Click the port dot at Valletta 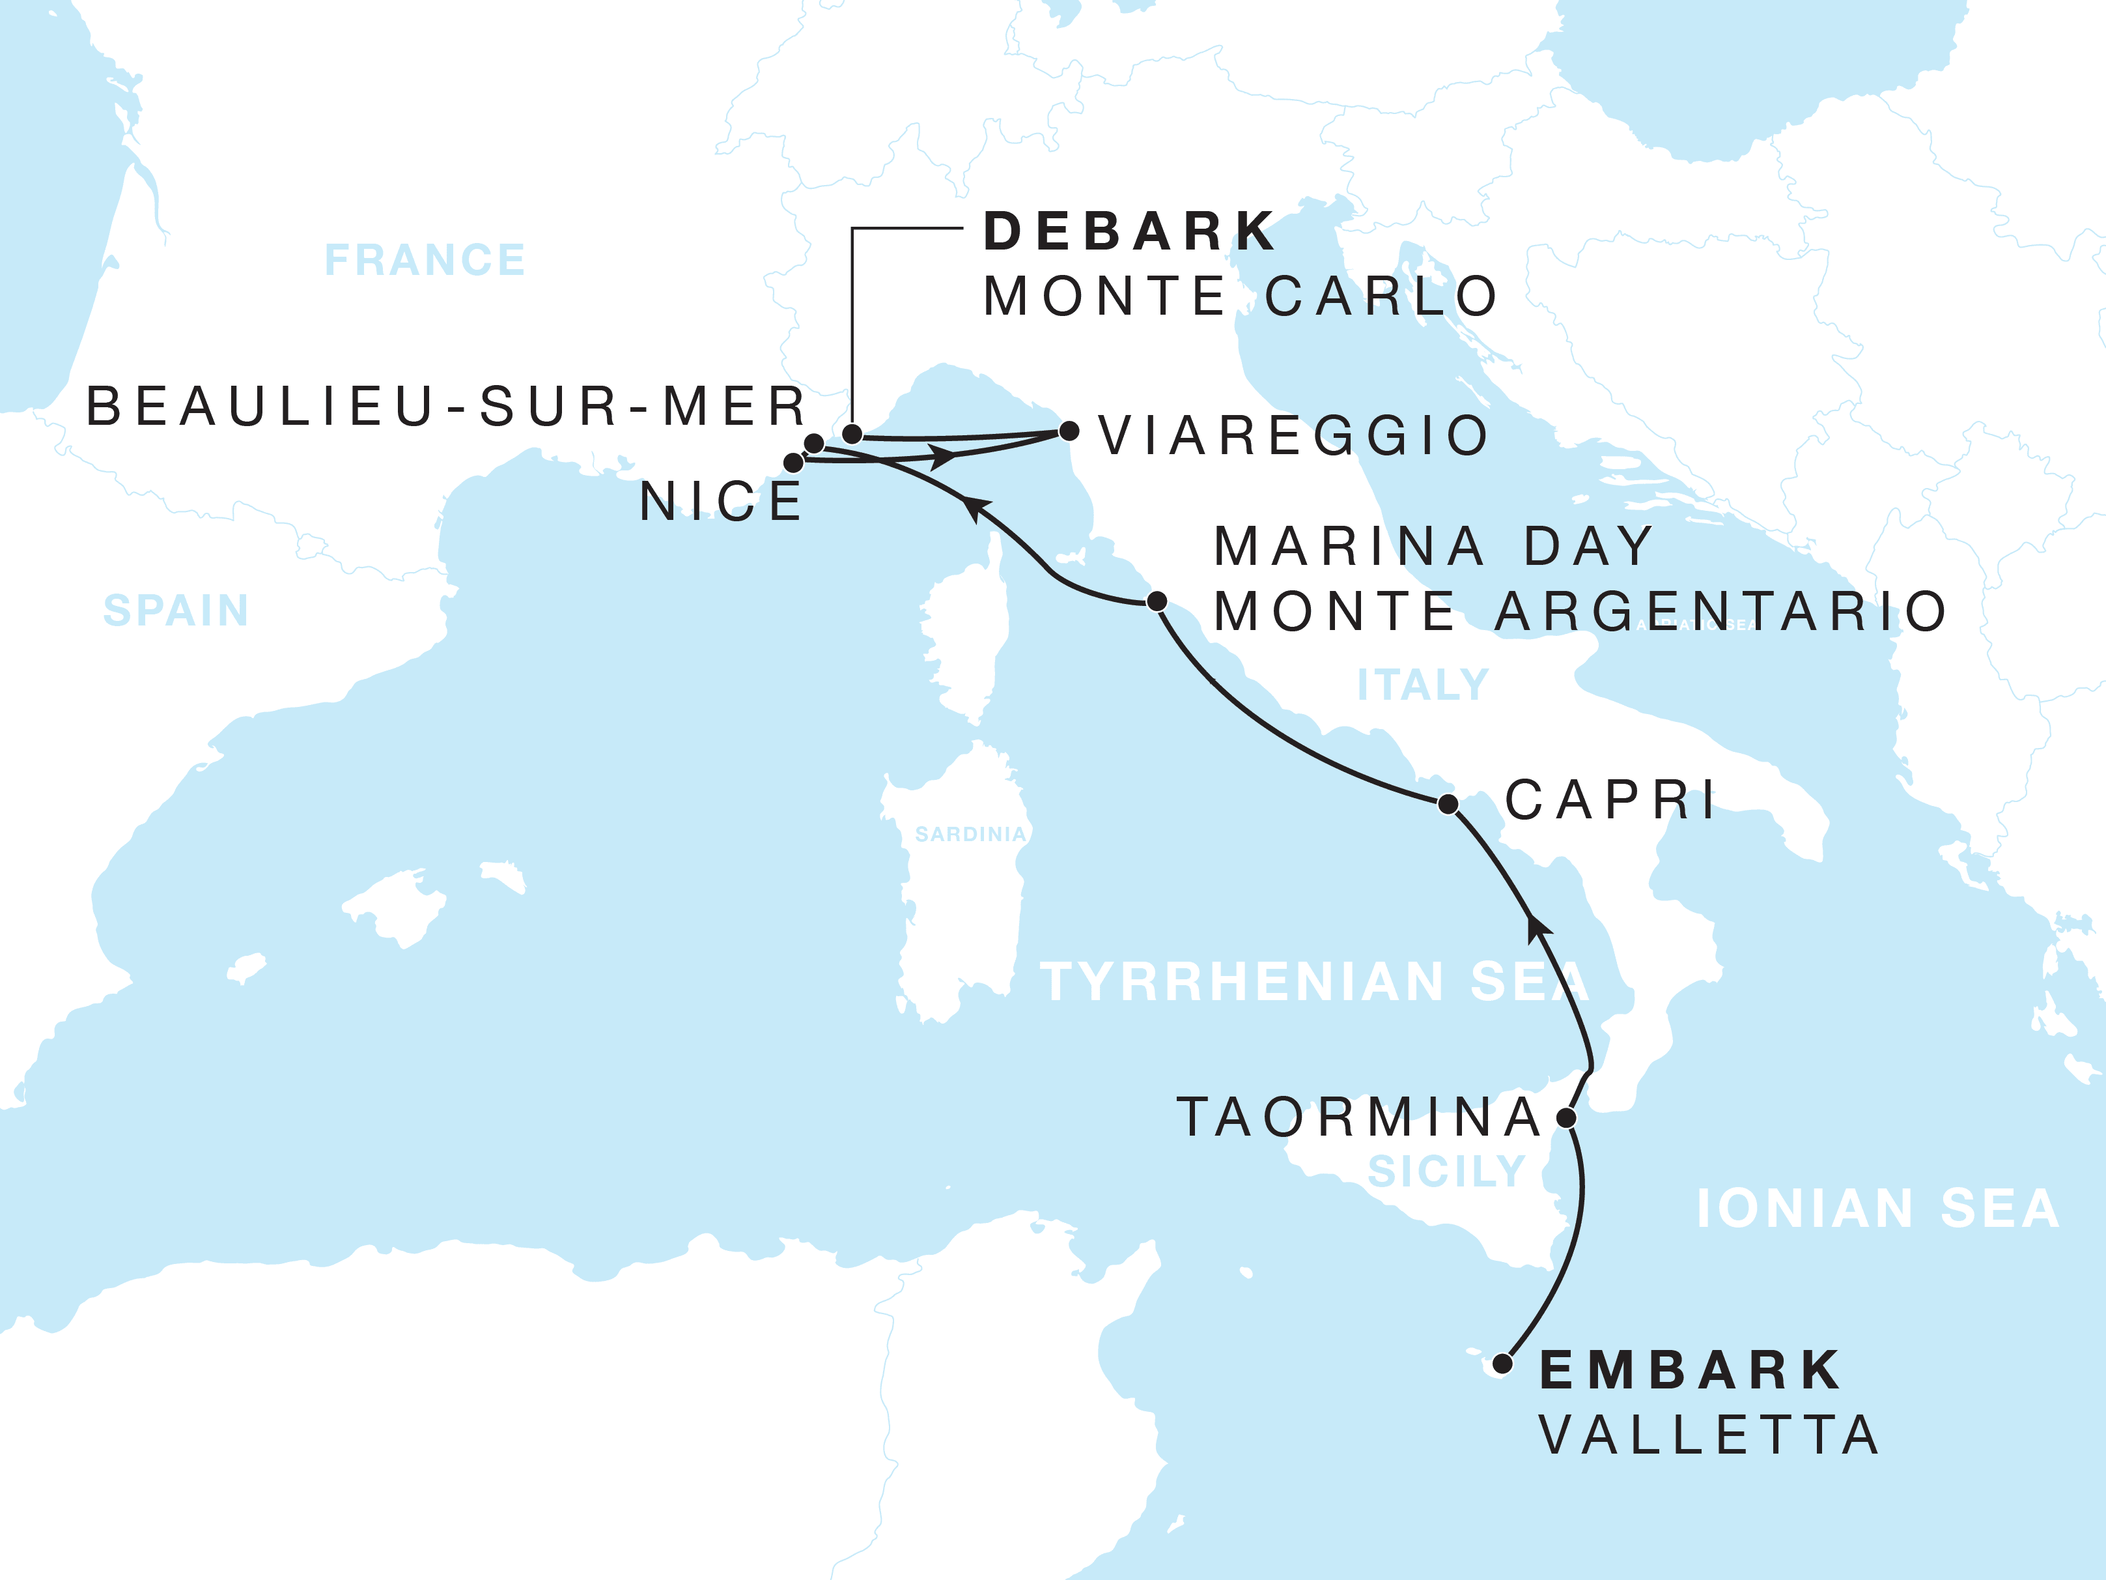click(x=1502, y=1364)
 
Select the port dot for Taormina click(x=1566, y=1117)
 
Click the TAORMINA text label click(x=1360, y=1117)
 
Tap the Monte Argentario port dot click(x=1157, y=601)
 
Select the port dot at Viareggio click(x=1069, y=431)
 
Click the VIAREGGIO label click(x=1293, y=436)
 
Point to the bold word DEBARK click(x=1129, y=231)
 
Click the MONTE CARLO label click(x=1241, y=296)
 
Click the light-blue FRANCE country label click(x=425, y=260)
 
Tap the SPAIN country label click(x=176, y=610)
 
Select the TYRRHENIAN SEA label click(x=1314, y=982)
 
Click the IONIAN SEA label click(x=1877, y=1209)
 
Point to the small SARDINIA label click(x=970, y=834)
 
